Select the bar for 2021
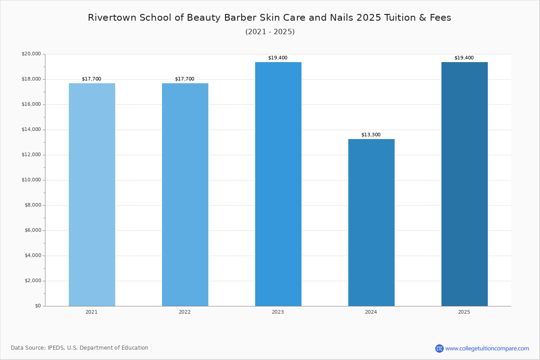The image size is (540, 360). (92, 194)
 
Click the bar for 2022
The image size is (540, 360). (185, 194)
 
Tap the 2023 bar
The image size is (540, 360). (278, 184)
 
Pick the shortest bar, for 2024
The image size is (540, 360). (372, 223)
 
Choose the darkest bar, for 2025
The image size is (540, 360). (464, 184)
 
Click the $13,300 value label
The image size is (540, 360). (371, 135)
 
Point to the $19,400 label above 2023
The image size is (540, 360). (278, 58)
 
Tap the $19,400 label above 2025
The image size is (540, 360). (464, 58)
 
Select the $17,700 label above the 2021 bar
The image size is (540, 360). (92, 79)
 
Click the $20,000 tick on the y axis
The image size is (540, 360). (31, 54)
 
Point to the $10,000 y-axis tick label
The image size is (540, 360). (31, 180)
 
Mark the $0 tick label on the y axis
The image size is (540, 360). (38, 306)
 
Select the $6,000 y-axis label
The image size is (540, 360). (33, 230)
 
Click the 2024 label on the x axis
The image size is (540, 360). (371, 312)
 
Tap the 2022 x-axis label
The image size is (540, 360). (184, 312)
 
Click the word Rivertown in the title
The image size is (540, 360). (112, 18)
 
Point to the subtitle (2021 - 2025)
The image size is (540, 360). (270, 32)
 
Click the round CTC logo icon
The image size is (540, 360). (439, 348)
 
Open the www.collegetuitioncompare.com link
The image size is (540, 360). (487, 349)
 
